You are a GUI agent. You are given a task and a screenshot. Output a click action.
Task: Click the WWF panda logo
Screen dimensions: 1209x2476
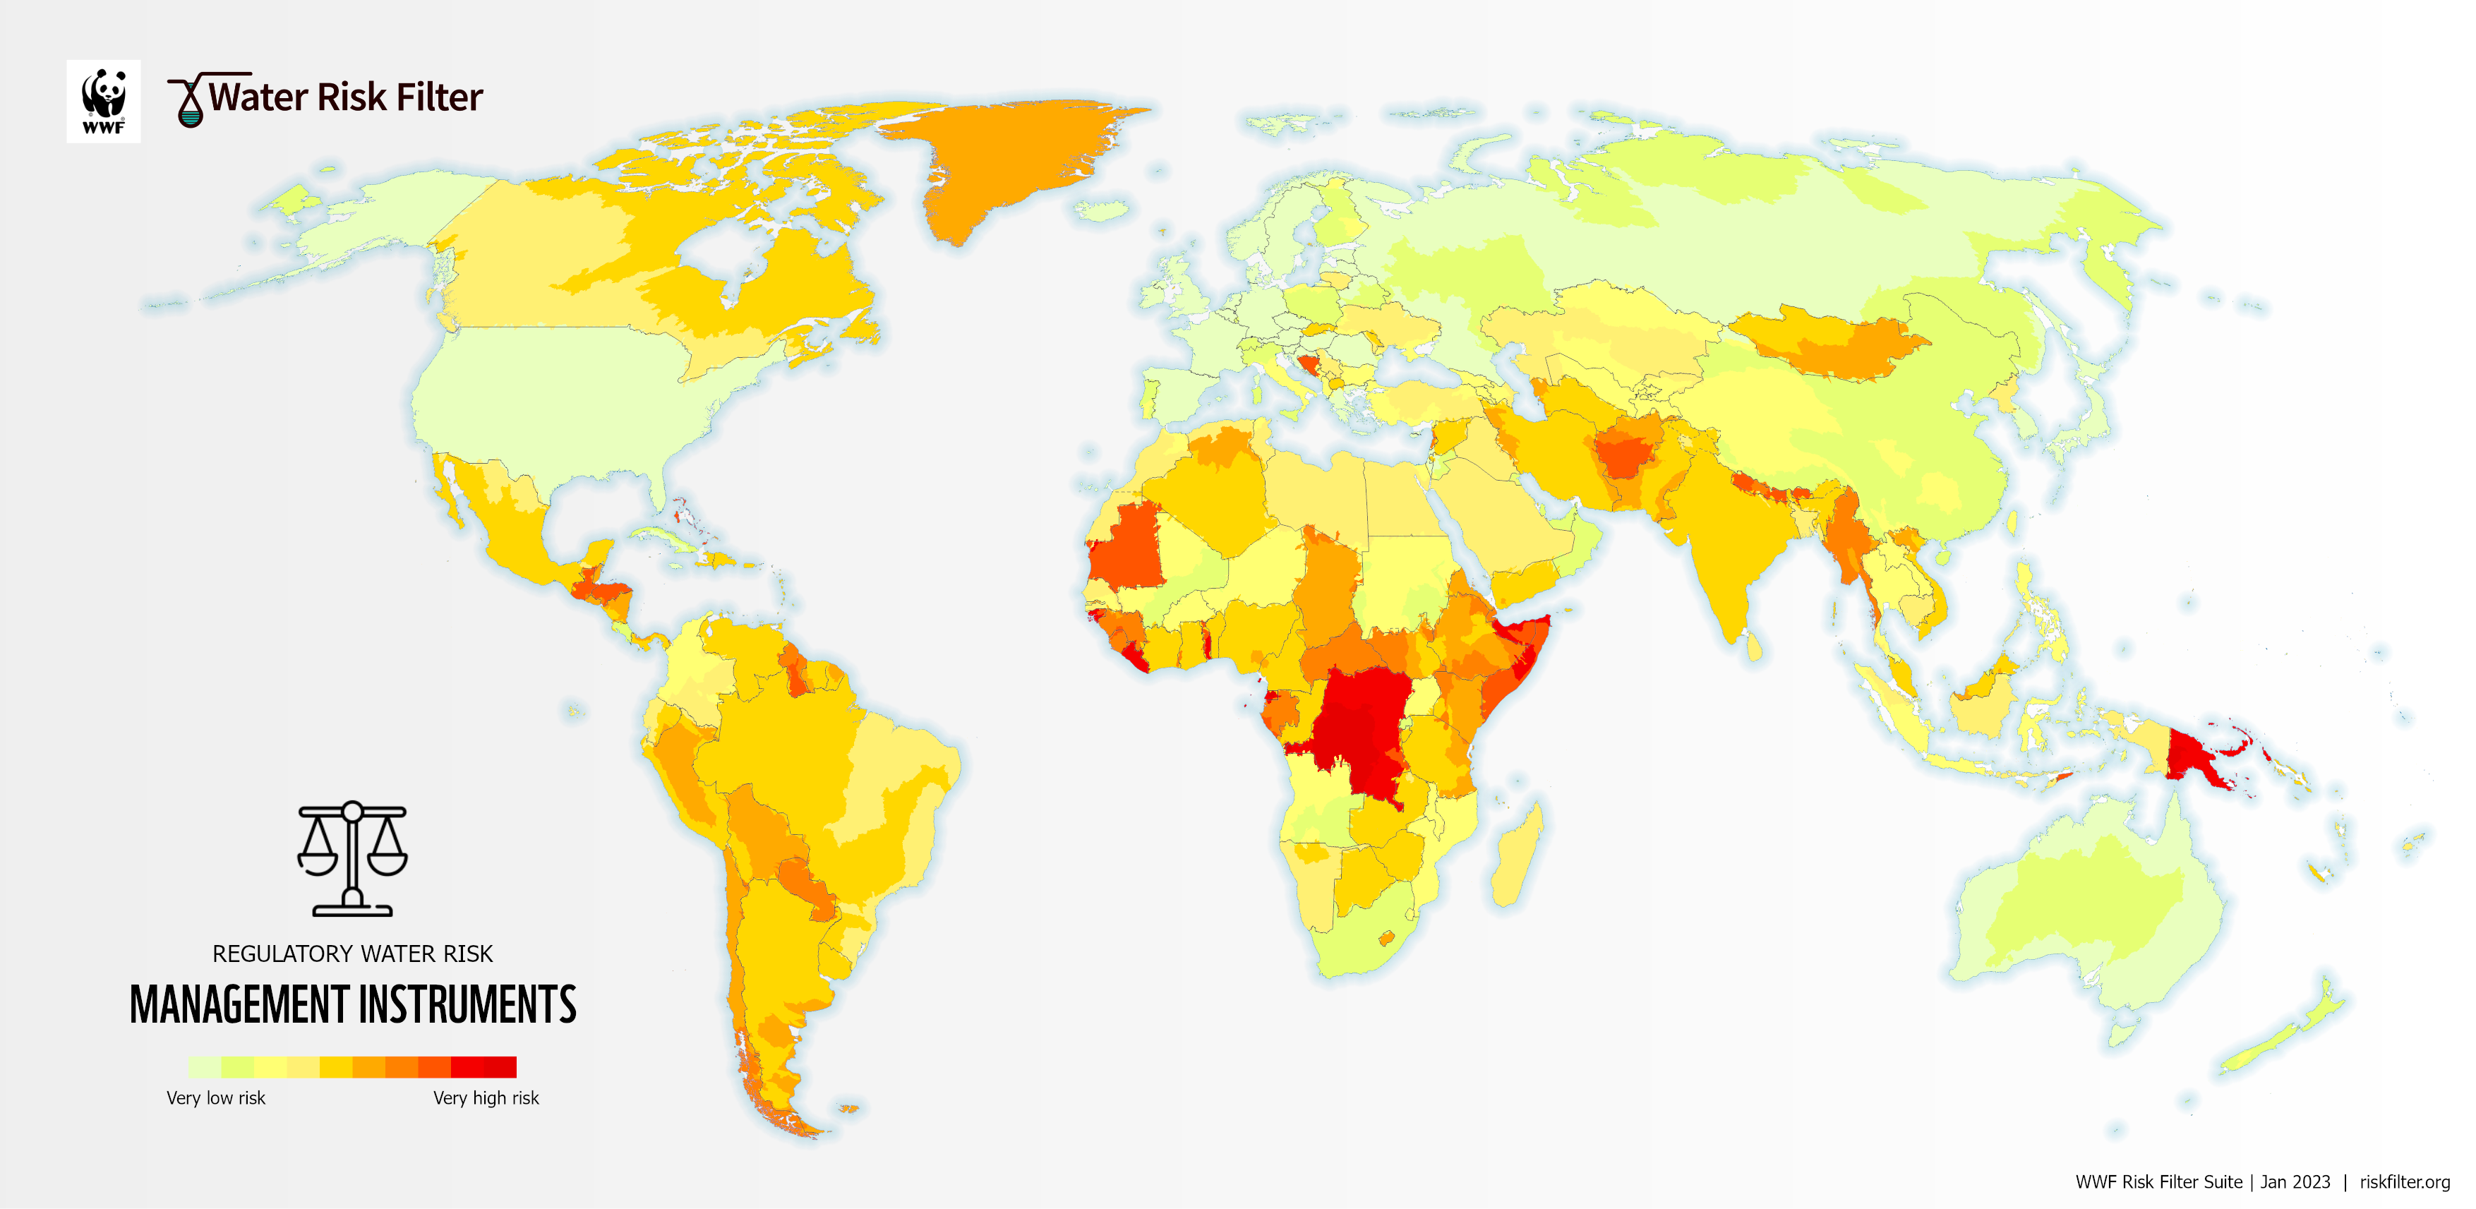(103, 101)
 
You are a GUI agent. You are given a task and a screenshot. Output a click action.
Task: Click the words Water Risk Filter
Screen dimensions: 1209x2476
(345, 98)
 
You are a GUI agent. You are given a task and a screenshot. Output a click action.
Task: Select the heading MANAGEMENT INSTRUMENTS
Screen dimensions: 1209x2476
(353, 1005)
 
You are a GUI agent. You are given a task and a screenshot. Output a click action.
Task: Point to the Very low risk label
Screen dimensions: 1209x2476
(215, 1097)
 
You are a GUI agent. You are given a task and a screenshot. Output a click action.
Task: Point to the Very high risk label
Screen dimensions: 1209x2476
(486, 1097)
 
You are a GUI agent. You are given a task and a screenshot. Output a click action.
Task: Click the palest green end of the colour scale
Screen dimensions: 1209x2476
(204, 1066)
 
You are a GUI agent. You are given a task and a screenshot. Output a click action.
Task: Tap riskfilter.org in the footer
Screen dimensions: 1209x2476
(2404, 1182)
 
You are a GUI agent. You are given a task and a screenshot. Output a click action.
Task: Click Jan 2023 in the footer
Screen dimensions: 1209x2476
(2295, 1182)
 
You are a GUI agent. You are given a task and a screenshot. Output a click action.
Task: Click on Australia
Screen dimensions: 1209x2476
(2096, 913)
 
